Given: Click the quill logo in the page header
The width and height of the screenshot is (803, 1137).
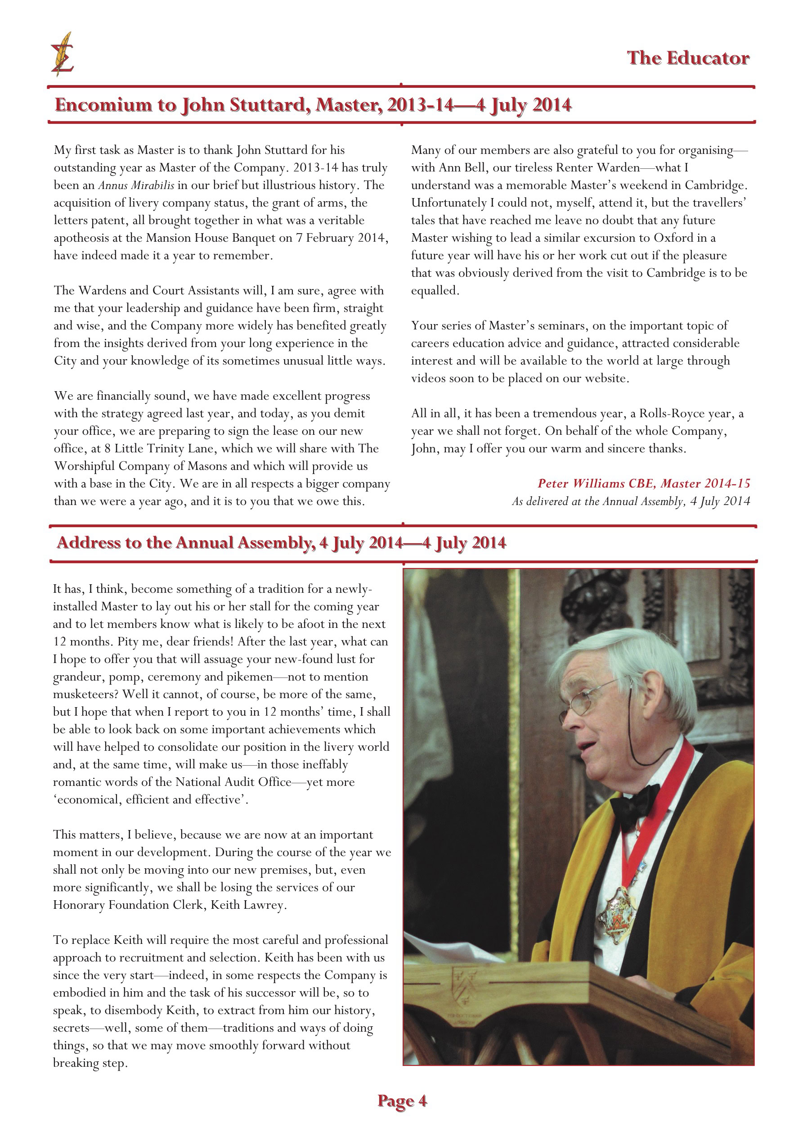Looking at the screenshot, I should pos(62,54).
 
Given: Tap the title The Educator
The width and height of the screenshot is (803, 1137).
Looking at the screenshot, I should pos(688,58).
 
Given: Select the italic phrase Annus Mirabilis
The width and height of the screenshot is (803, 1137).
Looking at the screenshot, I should pos(136,185).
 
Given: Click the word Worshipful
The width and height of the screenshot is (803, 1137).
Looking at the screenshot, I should pos(84,466).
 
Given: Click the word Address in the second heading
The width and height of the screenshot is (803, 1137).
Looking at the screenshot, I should pos(89,543).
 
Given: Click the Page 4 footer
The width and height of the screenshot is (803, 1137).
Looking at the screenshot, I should pos(401,1101).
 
